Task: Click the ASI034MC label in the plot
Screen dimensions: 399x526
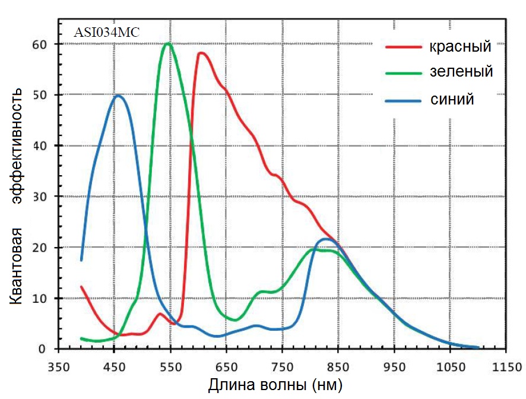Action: click(106, 33)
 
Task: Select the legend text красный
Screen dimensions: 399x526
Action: click(461, 46)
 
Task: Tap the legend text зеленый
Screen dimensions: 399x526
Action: click(461, 72)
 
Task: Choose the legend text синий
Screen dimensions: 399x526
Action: click(452, 99)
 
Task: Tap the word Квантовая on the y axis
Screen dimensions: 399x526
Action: click(17, 265)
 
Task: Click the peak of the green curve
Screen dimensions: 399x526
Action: click(168, 43)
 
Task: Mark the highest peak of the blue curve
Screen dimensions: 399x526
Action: click(118, 95)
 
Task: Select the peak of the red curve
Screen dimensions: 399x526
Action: click(201, 53)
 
